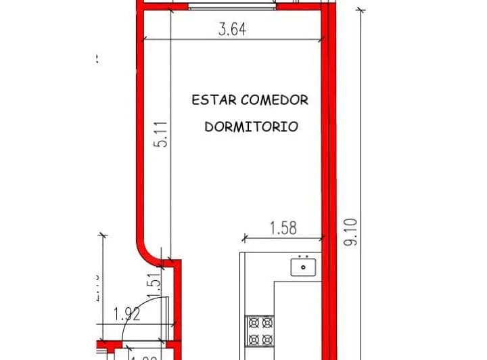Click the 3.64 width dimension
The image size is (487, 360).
[232, 30]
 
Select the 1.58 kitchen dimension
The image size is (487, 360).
[283, 228]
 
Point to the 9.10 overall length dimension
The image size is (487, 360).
[350, 231]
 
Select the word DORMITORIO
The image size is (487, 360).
[251, 127]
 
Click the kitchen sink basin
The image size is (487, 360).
[304, 268]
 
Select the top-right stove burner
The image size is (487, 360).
[267, 323]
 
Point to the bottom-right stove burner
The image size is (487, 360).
[267, 339]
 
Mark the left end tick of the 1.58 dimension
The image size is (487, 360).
[244, 238]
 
